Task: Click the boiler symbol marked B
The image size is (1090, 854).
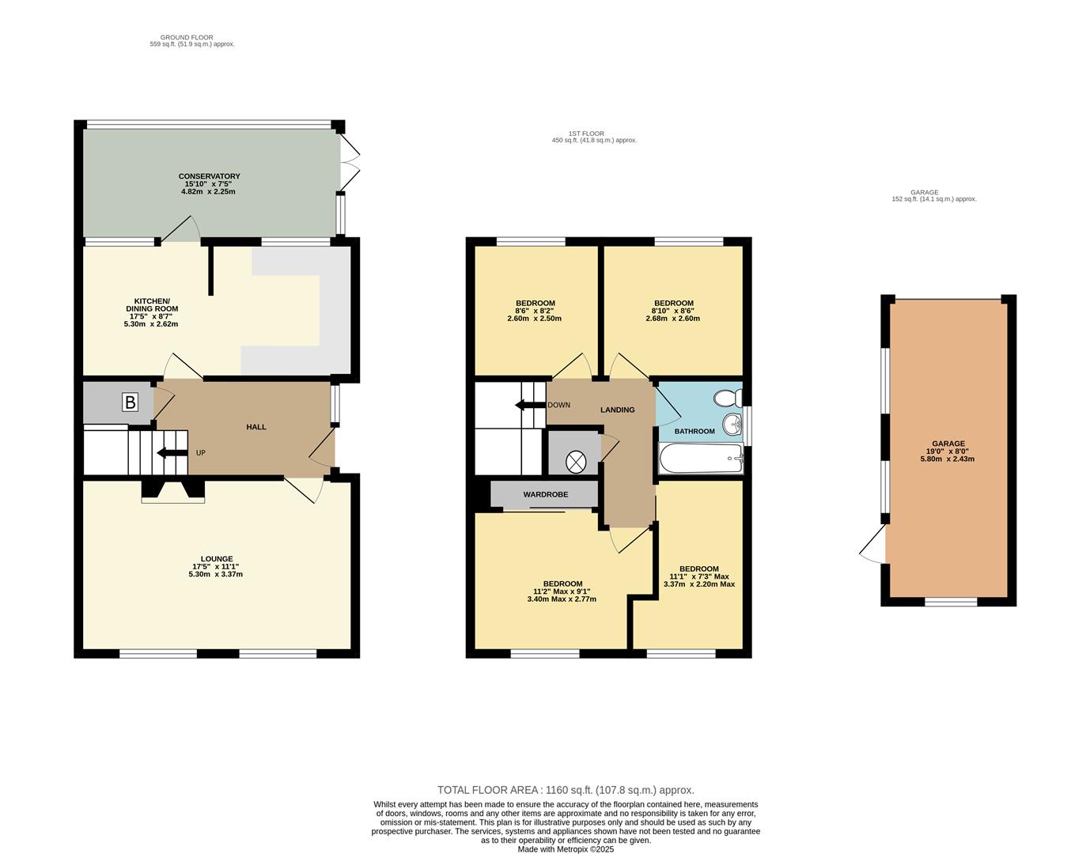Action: point(130,402)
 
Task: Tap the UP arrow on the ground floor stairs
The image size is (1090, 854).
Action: point(171,453)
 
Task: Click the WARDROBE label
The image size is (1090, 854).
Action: point(545,494)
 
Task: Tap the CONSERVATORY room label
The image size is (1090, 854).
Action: point(209,176)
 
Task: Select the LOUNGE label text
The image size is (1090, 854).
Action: point(217,559)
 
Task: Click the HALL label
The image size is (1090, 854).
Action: point(256,427)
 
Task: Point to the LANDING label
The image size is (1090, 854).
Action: point(617,410)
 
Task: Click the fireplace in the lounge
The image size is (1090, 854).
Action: point(172,491)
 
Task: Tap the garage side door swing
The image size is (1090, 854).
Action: point(874,546)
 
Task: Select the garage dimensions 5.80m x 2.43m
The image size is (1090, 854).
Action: point(947,459)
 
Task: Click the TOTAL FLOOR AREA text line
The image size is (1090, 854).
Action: point(566,790)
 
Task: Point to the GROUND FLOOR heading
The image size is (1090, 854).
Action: point(187,37)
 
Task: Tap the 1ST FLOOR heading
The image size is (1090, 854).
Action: point(586,134)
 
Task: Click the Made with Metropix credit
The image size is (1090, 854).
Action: point(566,849)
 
